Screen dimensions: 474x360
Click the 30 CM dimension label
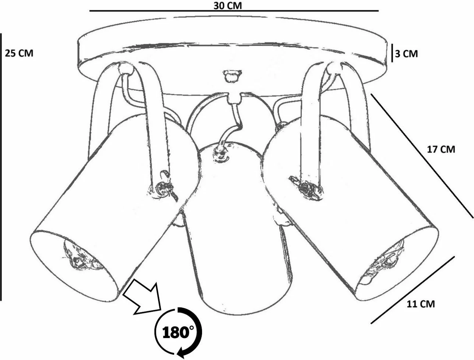[x=228, y=5]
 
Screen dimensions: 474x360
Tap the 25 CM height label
[x=19, y=53]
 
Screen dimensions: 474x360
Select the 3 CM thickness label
[x=406, y=54]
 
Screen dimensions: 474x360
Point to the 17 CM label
[x=441, y=149]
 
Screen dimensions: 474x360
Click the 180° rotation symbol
[x=179, y=333]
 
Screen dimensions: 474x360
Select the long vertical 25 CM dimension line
[x=1, y=167]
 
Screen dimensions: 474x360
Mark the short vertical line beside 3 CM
[x=392, y=53]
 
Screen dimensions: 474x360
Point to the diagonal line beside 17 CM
[x=422, y=155]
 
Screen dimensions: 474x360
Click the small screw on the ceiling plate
[x=232, y=76]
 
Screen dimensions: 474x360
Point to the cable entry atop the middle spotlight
[x=221, y=154]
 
